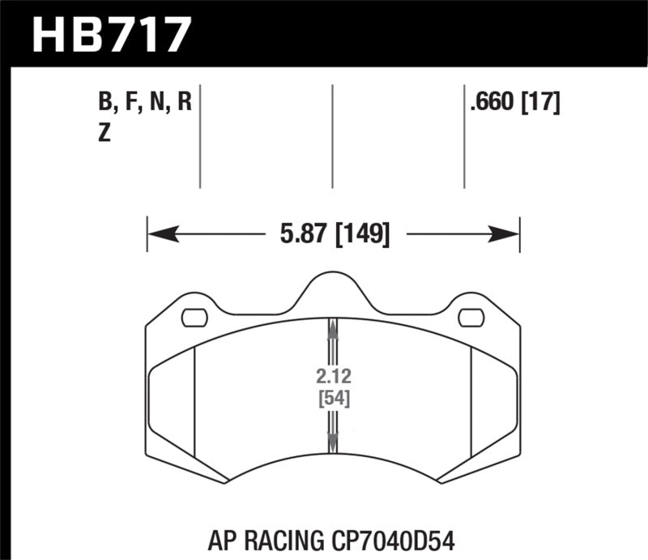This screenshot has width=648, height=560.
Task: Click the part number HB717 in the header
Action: pyautogui.click(x=111, y=35)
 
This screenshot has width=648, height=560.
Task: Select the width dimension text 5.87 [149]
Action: pyautogui.click(x=333, y=235)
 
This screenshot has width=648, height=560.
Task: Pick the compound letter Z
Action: pyautogui.click(x=104, y=135)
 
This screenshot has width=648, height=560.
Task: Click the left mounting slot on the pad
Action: pyautogui.click(x=194, y=318)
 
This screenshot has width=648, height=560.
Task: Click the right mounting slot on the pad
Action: pyautogui.click(x=470, y=318)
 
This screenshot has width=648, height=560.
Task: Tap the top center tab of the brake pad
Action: pyautogui.click(x=332, y=284)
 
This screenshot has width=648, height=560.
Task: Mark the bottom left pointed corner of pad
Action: pyautogui.click(x=224, y=483)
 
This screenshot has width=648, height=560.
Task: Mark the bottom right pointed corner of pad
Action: pyautogui.click(x=441, y=483)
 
